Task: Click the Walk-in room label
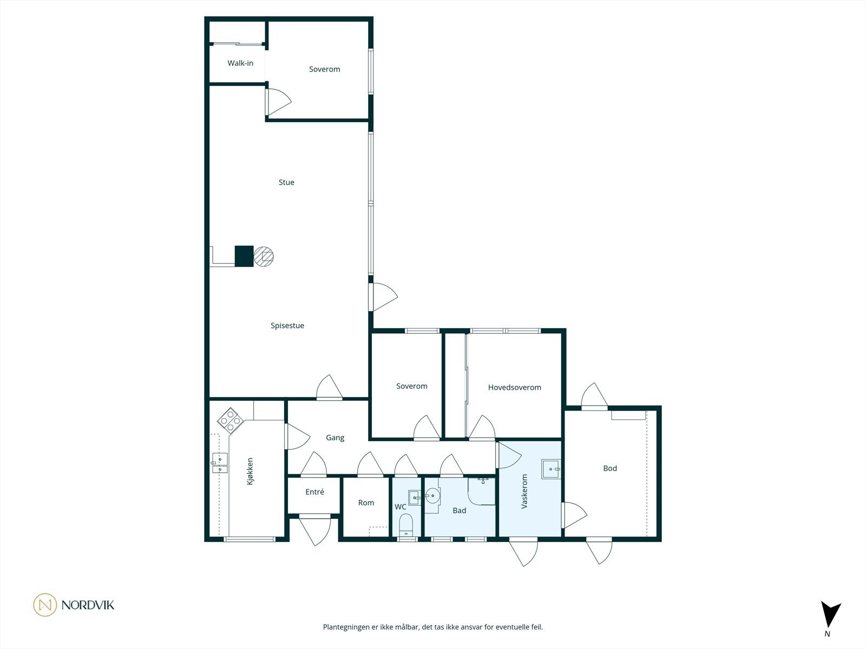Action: coord(240,63)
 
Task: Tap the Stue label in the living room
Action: coord(286,182)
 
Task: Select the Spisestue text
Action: coord(287,326)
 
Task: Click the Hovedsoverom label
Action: coord(514,387)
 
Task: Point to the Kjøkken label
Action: coord(250,471)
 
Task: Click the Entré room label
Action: coord(314,492)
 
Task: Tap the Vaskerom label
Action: coord(524,492)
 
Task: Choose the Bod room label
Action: coord(610,468)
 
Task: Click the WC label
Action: coord(400,507)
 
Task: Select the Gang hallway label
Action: coord(335,438)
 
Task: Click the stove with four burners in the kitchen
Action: coord(230,420)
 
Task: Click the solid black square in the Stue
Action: coord(244,256)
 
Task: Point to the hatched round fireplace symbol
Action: coord(264,256)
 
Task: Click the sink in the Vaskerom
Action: coord(550,469)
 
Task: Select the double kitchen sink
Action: coord(220,463)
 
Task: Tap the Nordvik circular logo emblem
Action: coord(45,605)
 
